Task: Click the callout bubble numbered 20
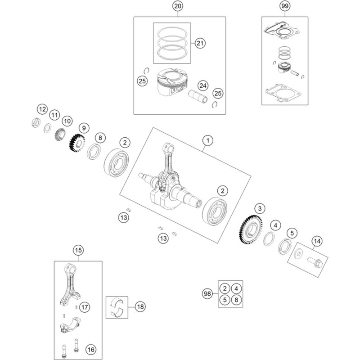178,6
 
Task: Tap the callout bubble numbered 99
284,6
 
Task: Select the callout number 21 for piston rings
200,43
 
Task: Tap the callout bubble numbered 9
84,127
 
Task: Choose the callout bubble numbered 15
79,250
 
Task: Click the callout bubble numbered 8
100,138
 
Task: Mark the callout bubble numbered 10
67,121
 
